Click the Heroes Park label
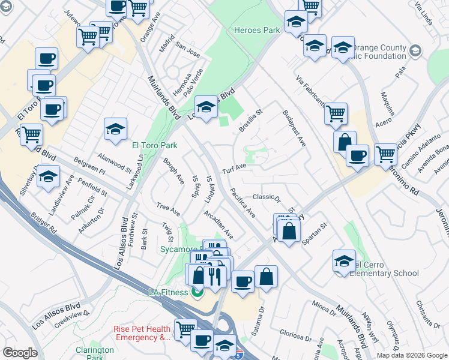coord(257,30)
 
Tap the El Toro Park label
coord(154,145)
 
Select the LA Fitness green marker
coord(197,292)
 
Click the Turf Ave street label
coord(234,166)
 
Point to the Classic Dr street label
coord(267,197)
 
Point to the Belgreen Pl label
coord(89,166)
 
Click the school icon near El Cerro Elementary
coord(344,260)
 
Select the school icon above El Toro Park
coord(115,128)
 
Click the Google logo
coord(20,353)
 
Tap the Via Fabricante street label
coord(310,89)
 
